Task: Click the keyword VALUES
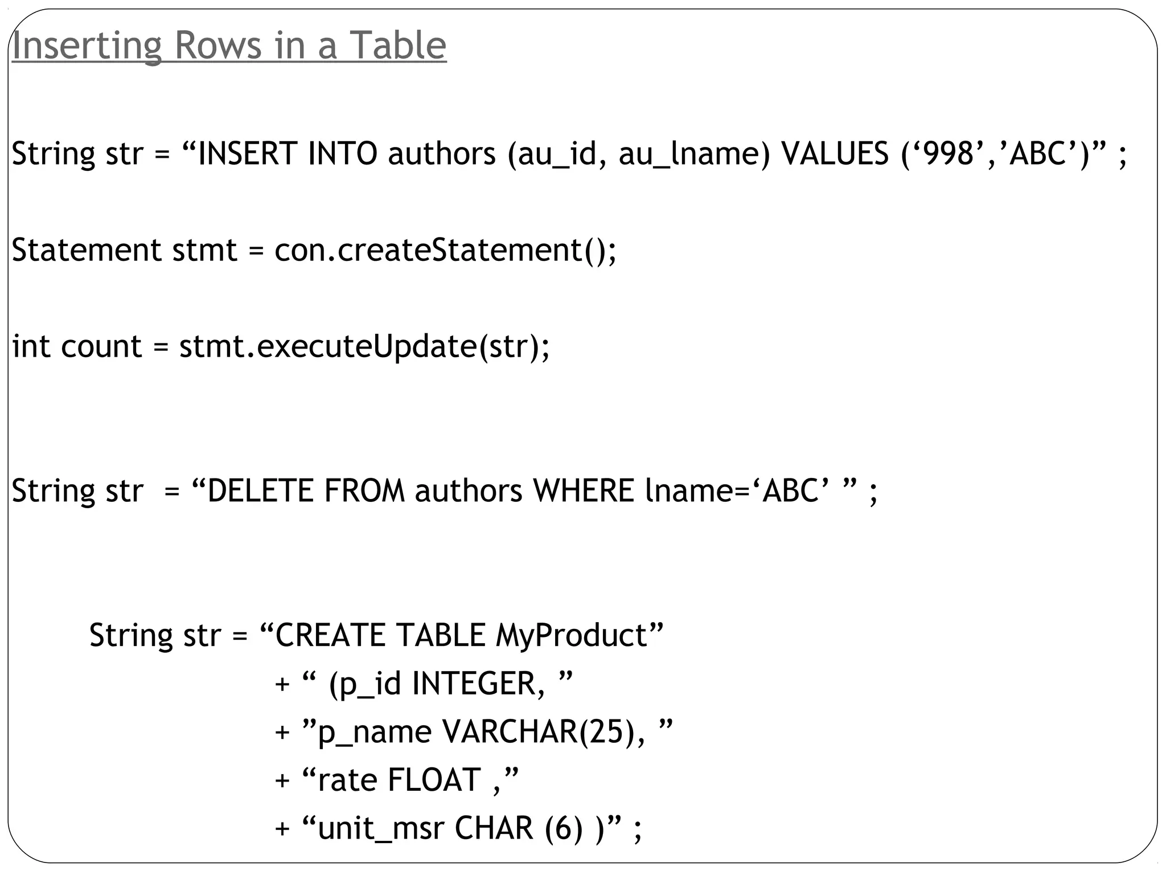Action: tap(835, 154)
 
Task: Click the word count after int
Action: tap(101, 346)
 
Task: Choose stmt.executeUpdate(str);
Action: tap(364, 346)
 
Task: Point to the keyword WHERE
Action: tap(584, 491)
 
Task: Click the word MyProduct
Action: tap(572, 635)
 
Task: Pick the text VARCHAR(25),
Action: tap(544, 731)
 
